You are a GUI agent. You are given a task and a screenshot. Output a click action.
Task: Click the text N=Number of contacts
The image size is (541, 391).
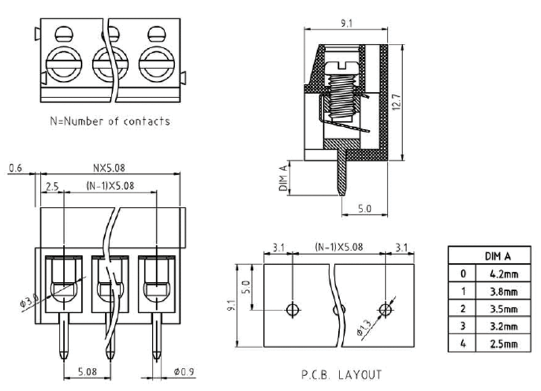[110, 122]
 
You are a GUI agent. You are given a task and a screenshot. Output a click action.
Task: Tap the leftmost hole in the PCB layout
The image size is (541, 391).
[291, 310]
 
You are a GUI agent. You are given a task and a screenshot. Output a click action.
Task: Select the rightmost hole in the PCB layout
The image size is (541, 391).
[385, 310]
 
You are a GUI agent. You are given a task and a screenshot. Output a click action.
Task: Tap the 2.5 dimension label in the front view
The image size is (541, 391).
[53, 187]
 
